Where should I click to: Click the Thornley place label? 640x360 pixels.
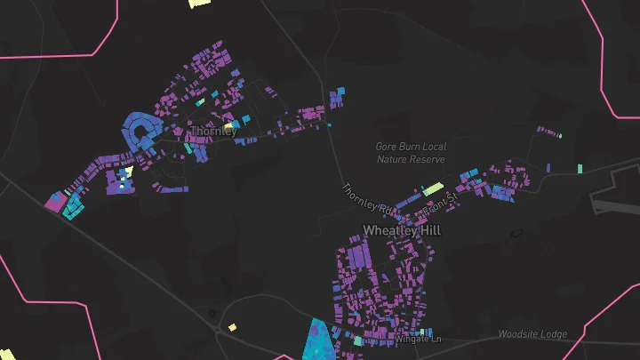tap(213, 131)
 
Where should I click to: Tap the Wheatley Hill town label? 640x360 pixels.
tap(402, 230)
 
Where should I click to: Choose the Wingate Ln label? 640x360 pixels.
tap(418, 339)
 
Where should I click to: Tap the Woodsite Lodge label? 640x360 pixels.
tap(532, 334)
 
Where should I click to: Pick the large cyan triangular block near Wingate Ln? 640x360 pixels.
tap(317, 341)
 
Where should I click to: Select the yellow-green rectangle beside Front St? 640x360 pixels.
tap(432, 188)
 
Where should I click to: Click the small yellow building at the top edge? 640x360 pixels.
tap(200, 3)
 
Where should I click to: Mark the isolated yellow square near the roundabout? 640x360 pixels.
tap(232, 327)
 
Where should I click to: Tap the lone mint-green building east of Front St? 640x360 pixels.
tap(579, 168)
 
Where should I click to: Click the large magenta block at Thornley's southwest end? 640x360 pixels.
tap(54, 203)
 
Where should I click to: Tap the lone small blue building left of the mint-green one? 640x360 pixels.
tap(548, 166)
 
